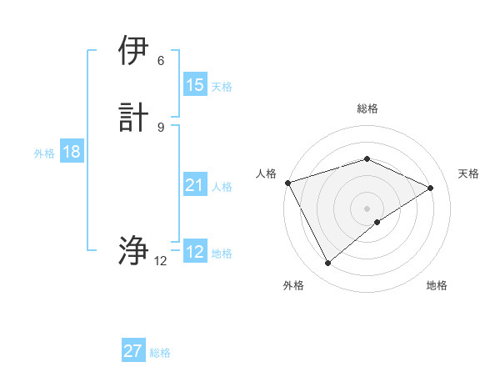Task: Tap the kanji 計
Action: point(133,116)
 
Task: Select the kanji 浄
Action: point(133,249)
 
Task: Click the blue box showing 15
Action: point(195,85)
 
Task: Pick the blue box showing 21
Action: point(195,185)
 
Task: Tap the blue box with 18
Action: point(71,152)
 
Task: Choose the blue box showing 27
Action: point(133,351)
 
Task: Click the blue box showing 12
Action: point(195,252)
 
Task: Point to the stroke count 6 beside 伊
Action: point(161,60)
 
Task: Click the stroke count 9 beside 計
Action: point(161,126)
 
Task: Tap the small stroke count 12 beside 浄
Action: point(161,260)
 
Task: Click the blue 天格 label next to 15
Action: point(222,87)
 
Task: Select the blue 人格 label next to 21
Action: point(222,187)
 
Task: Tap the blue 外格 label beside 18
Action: point(44,153)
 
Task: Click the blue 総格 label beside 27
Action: point(160,353)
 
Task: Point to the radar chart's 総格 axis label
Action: point(367,108)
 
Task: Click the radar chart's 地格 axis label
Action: point(437,285)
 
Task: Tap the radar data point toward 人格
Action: point(287,182)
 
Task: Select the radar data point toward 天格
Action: point(430,188)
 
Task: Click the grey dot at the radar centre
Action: point(367,208)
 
